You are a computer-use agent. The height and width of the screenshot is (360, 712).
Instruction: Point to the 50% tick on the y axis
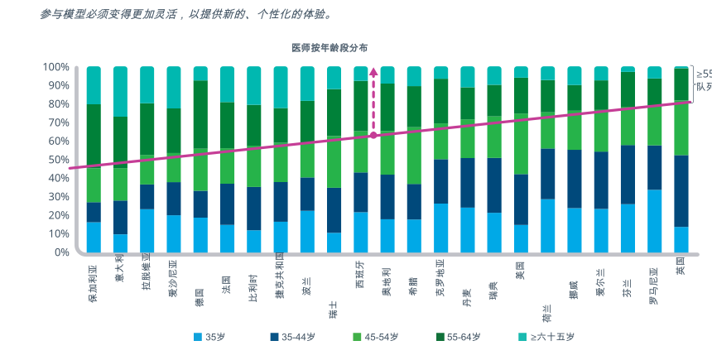55,160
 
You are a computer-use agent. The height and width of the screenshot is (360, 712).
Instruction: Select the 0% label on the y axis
60,252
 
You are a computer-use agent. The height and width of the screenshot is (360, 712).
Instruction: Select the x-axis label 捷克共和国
280,281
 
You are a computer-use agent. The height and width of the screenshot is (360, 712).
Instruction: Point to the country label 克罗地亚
440,281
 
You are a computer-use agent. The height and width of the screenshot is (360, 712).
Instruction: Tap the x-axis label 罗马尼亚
653,286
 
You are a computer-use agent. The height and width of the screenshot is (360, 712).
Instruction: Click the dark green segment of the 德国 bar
200,114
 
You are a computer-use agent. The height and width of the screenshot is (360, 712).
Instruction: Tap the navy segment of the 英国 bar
681,191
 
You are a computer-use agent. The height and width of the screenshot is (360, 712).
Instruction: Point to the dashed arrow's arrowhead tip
373,69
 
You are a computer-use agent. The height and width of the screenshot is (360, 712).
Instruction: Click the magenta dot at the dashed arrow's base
373,134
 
